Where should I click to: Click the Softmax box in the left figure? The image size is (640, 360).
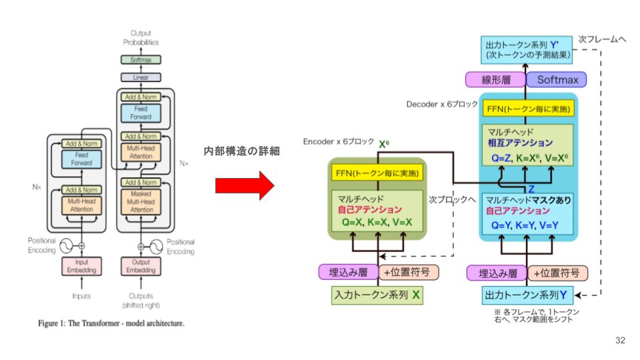(x=141, y=60)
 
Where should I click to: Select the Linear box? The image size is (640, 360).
(x=141, y=78)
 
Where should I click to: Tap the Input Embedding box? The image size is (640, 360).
(x=81, y=267)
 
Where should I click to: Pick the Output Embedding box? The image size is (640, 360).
(x=141, y=267)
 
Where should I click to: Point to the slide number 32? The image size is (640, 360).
(x=620, y=341)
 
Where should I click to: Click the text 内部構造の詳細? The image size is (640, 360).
(x=241, y=151)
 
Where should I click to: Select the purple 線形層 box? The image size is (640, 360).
(x=496, y=80)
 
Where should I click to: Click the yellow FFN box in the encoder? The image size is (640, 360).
(x=377, y=173)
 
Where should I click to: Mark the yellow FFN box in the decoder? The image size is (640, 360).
(x=527, y=109)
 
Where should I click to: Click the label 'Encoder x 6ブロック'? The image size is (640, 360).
(x=338, y=143)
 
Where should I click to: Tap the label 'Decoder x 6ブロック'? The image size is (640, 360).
(x=442, y=105)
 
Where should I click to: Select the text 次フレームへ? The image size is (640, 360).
(x=602, y=39)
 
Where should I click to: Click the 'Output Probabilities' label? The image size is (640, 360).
(x=141, y=38)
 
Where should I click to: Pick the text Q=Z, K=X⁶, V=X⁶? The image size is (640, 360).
(x=527, y=159)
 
